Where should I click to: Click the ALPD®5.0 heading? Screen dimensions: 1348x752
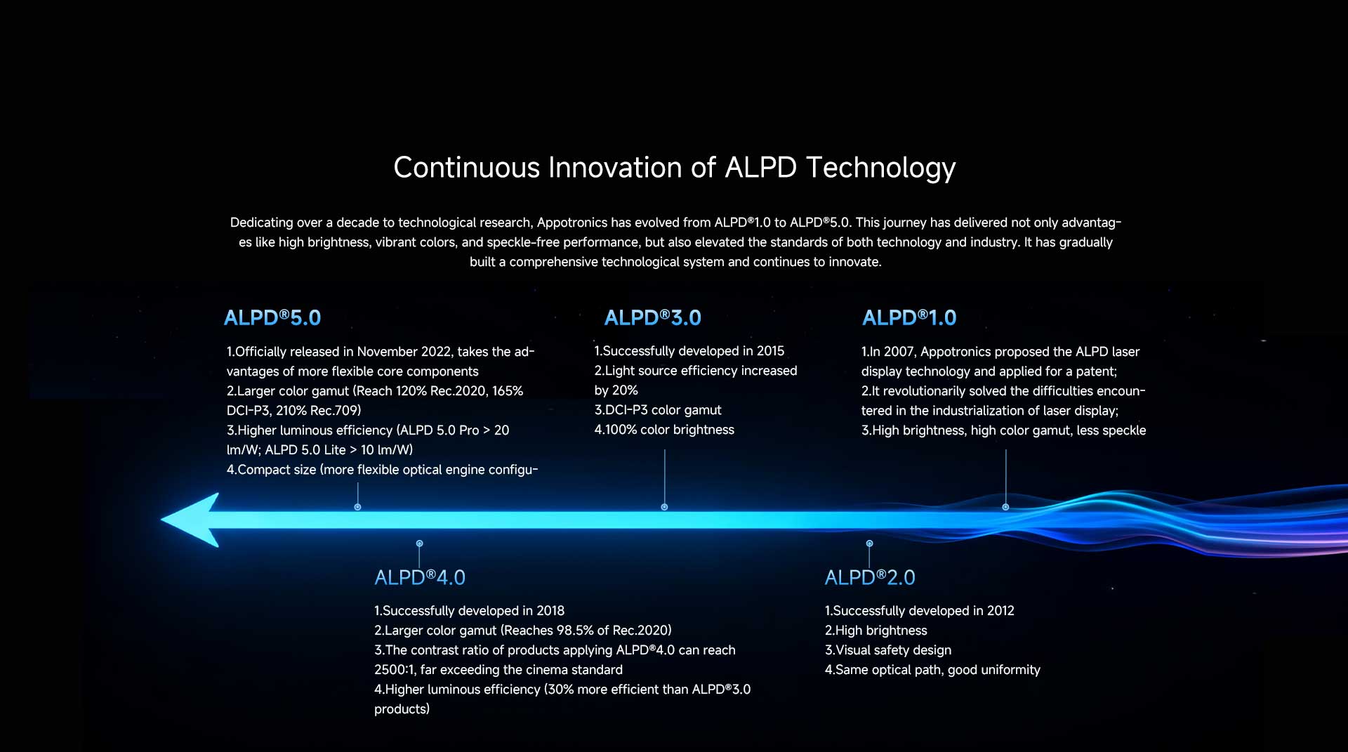pyautogui.click(x=272, y=318)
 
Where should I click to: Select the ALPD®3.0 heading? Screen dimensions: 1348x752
pyautogui.click(x=653, y=318)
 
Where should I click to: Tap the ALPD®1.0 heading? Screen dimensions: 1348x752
pyautogui.click(x=909, y=318)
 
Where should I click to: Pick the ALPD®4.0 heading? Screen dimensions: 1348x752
pyautogui.click(x=420, y=578)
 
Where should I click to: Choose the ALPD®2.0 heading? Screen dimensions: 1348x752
pyautogui.click(x=870, y=578)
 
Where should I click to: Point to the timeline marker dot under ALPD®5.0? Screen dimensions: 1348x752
pyautogui.click(x=357, y=507)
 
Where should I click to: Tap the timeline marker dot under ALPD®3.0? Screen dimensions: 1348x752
pyautogui.click(x=664, y=507)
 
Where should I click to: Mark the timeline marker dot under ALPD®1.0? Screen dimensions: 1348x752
pyautogui.click(x=1005, y=507)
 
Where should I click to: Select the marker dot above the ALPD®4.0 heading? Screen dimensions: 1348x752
pyautogui.click(x=419, y=543)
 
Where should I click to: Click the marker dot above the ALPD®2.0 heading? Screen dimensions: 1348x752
pyautogui.click(x=869, y=543)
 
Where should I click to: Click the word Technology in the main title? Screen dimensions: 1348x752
pyautogui.click(x=880, y=169)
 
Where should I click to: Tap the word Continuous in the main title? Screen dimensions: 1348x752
pyautogui.click(x=467, y=169)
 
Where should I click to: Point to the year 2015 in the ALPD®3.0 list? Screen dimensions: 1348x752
pyautogui.click(x=770, y=351)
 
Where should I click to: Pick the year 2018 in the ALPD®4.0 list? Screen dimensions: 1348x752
pyautogui.click(x=550, y=611)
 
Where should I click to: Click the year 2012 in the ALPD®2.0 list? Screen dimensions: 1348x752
pyautogui.click(x=1000, y=611)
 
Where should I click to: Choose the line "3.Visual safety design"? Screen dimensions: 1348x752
pyautogui.click(x=888, y=650)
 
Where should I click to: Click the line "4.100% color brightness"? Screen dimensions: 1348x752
pyautogui.click(x=664, y=430)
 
